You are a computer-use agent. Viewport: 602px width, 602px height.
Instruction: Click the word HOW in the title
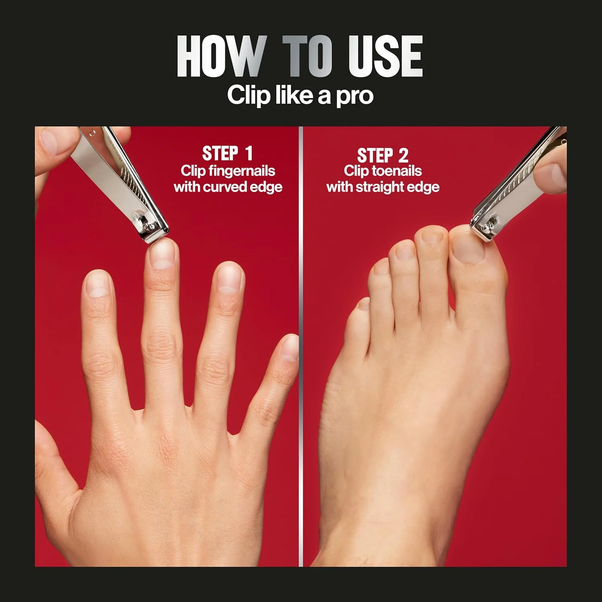coord(221,56)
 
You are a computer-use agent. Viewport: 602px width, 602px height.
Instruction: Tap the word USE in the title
coord(385,56)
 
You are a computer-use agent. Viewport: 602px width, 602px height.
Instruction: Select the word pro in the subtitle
coord(355,96)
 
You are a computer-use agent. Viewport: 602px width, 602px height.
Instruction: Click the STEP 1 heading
coord(228,153)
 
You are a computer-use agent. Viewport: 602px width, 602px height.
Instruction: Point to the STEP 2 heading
coord(382,155)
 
